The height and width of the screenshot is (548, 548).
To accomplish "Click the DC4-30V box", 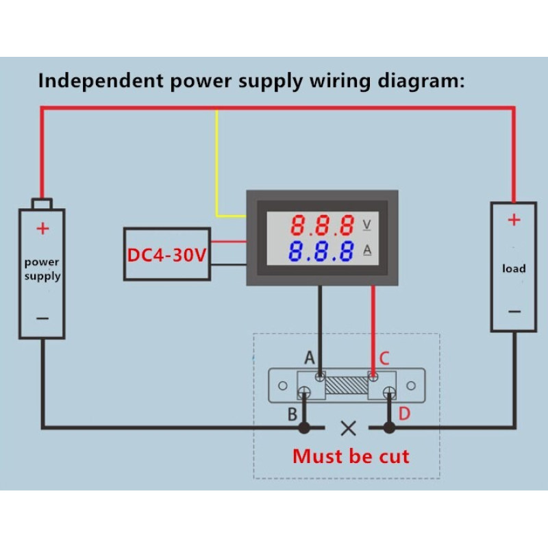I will coord(166,254).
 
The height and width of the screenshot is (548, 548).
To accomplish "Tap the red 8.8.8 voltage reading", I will coord(321,225).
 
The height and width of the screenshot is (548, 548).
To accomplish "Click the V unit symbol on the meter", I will coord(366,224).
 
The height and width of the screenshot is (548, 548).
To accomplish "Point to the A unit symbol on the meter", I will coord(366,251).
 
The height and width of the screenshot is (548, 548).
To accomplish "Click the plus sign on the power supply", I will coord(42,228).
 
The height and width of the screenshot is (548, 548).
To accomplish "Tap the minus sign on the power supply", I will coord(42,318).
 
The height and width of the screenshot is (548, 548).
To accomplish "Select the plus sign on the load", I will coord(514,220).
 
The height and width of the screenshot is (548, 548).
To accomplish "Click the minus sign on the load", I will coord(514,311).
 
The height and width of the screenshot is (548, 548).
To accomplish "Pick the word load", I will coord(514,269).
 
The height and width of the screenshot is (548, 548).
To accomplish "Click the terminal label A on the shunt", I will coord(309,358).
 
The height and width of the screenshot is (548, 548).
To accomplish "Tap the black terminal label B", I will coord(292,414).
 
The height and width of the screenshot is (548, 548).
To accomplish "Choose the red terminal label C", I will coord(384,358).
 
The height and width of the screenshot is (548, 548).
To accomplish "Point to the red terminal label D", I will coord(404,414).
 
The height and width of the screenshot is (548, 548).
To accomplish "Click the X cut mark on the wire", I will coord(348,429).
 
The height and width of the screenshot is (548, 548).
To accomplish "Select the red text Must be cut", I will coord(351,456).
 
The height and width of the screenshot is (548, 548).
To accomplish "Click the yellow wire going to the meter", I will coord(218,164).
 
